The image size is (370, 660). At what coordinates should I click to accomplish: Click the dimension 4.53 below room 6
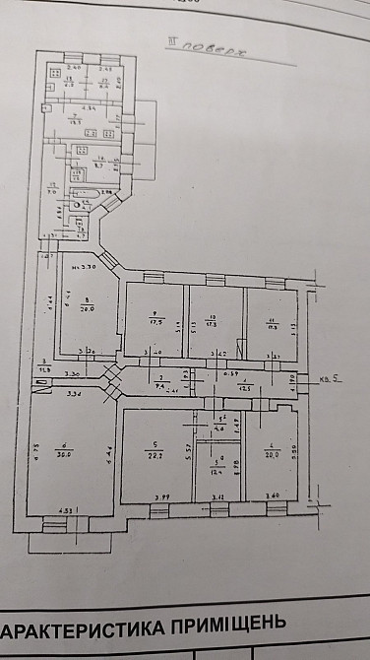click(x=67, y=508)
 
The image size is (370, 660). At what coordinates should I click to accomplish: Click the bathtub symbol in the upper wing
click(x=87, y=192)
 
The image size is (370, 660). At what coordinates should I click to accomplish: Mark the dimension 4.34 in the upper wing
click(x=89, y=106)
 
